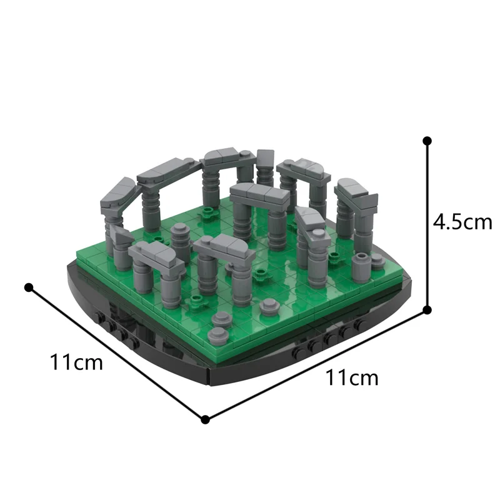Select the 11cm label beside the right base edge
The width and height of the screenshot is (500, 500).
coord(352,377)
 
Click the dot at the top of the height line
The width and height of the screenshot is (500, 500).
coord(427,141)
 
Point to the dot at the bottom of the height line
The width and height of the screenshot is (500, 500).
coord(427,309)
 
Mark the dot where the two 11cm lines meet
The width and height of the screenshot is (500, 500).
coord(205,419)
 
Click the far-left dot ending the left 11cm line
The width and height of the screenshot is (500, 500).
coord(28,287)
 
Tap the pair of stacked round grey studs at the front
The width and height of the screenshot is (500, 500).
coord(221,319)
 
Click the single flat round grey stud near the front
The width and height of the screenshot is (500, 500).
coord(270,306)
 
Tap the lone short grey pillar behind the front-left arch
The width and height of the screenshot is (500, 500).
coord(181,242)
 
